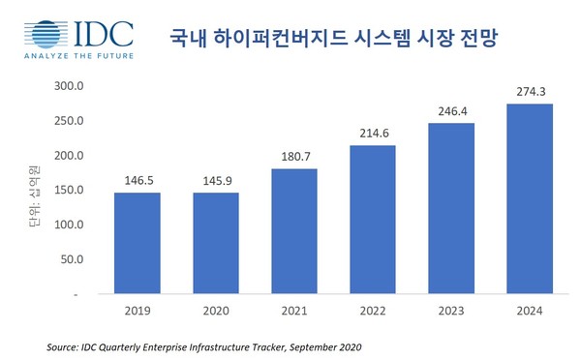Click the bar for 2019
138,242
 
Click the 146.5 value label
138,181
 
